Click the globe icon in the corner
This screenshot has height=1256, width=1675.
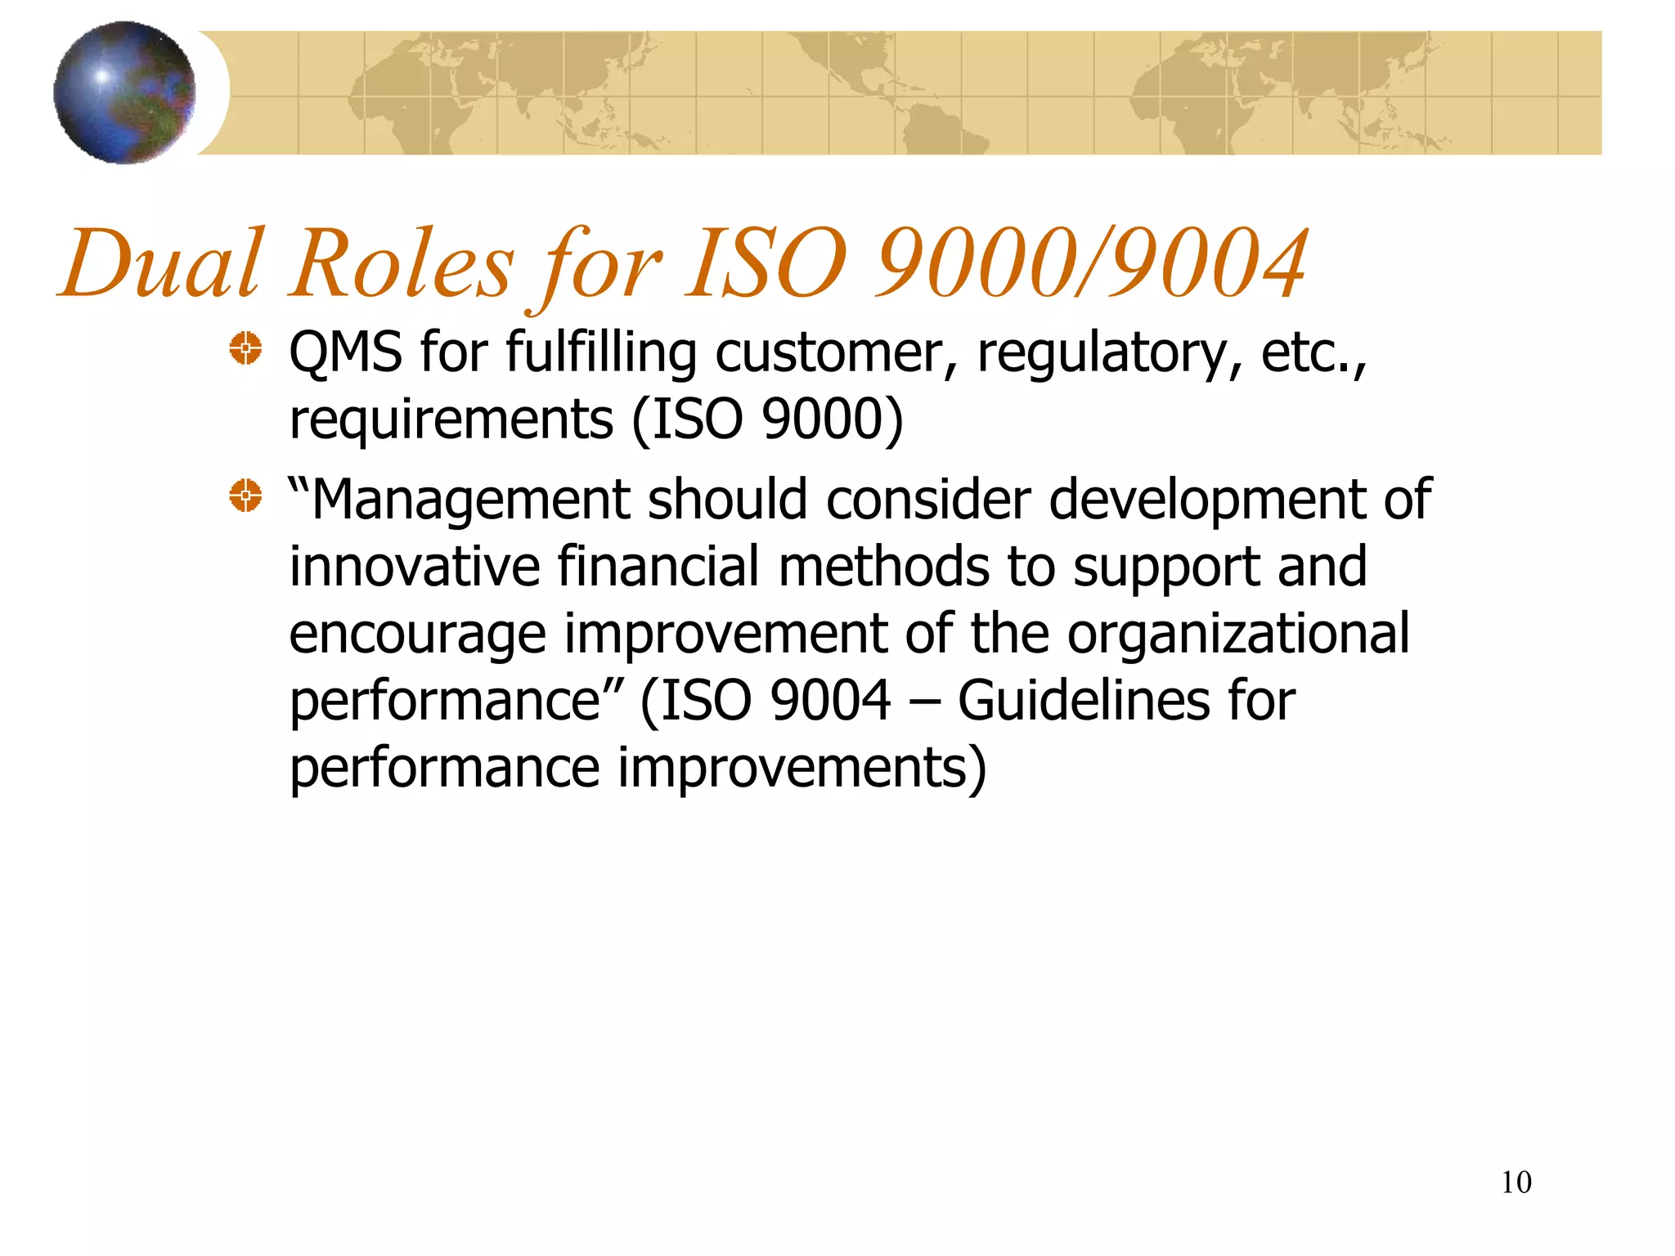(x=124, y=92)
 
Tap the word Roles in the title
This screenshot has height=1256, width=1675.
(x=402, y=264)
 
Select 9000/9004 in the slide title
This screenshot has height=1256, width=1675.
(x=1092, y=264)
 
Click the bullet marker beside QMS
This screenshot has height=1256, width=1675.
(x=245, y=349)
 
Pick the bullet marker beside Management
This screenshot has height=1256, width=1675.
(x=245, y=496)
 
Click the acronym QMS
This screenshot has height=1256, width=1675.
(x=345, y=352)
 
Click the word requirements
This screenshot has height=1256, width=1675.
(x=451, y=420)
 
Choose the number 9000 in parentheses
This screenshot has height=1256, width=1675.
(x=823, y=419)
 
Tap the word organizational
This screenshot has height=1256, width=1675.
(x=1238, y=635)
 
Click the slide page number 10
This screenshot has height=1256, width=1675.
(x=1516, y=1182)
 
